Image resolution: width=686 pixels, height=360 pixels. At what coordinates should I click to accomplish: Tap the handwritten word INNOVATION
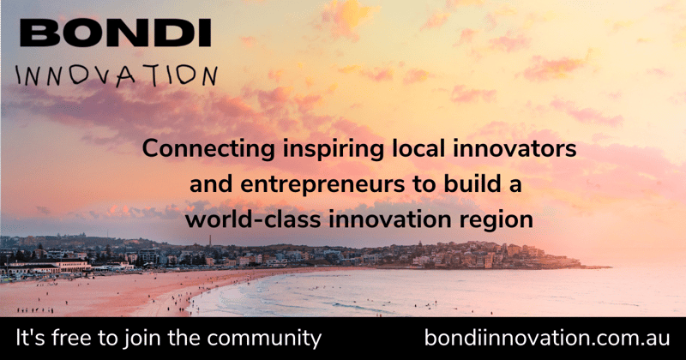[x=117, y=75]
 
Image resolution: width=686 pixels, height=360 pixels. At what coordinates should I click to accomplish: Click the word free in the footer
[x=76, y=338]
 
